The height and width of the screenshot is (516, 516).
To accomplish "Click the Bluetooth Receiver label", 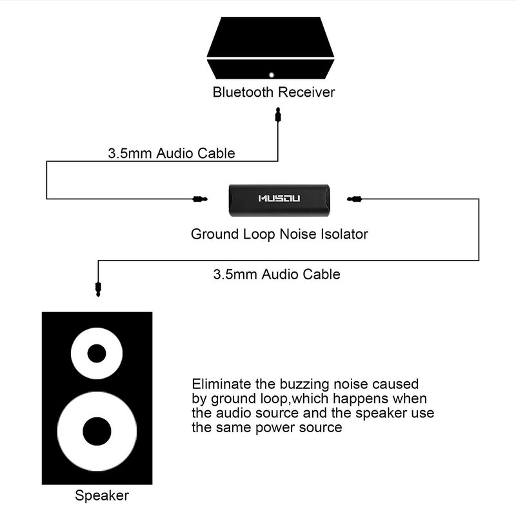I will pos(273,92).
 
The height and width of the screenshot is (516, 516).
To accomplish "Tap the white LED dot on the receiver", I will pos(272,74).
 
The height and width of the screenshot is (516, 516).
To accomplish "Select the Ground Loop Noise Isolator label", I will pos(279,233).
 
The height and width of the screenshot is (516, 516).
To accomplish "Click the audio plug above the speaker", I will pos(97,286).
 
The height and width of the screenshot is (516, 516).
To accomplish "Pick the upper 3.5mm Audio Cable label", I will pos(170,154).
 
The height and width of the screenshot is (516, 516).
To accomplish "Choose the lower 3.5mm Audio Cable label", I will pos(276,273).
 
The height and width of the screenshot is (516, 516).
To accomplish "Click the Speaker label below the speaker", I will pos(102,496).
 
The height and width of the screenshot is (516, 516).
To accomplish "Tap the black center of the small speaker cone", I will pos(97,353).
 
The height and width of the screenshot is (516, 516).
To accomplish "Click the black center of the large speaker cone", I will pos(97,431).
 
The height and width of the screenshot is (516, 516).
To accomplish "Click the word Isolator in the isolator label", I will pos(344,233).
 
